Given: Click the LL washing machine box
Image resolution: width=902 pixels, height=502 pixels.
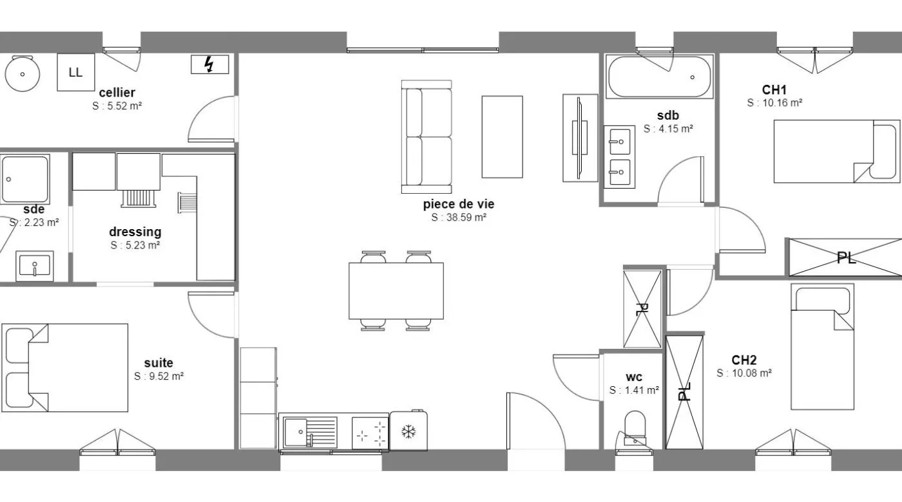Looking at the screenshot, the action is click(76, 72).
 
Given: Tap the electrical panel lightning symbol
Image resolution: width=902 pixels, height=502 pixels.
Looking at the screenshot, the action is click(209, 64).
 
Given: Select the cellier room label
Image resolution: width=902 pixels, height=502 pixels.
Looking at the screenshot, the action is click(117, 93).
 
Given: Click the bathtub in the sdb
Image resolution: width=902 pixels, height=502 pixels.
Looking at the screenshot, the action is click(659, 77).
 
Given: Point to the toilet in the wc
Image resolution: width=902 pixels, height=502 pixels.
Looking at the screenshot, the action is click(635, 428).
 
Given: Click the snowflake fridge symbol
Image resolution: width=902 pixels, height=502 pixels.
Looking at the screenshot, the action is click(408, 432).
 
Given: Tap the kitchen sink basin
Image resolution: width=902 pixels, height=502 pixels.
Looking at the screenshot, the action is click(295, 432).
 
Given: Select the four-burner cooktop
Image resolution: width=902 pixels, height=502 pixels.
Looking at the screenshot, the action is click(370, 432).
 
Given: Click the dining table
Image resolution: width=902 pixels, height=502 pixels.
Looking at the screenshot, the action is click(396, 291).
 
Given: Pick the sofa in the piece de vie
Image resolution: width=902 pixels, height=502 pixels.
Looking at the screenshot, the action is click(427, 136).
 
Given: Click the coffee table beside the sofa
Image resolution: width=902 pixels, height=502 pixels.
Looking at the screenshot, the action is click(502, 136).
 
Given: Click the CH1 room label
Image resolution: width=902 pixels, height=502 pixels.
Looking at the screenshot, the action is click(774, 89).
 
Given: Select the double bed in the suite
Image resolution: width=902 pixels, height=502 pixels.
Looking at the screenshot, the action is click(65, 367).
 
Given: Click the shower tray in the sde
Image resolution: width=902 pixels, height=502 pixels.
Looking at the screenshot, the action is click(25, 179).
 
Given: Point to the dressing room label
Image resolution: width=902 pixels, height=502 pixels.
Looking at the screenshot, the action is click(135, 232).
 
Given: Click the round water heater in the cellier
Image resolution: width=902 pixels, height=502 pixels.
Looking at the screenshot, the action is click(22, 73).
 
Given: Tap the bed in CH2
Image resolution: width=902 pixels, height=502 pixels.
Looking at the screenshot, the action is click(822, 347).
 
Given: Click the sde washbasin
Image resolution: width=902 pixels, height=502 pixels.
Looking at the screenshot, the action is click(35, 266).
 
